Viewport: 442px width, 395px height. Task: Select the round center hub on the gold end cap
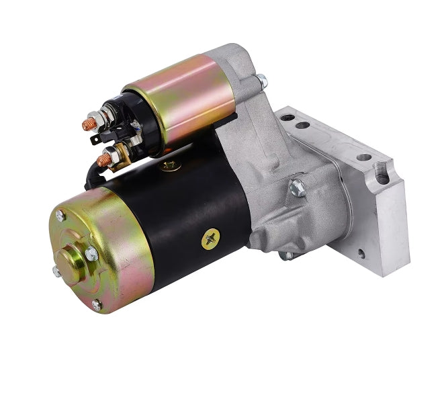click(x=70, y=259)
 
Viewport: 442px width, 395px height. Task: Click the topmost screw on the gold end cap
click(x=60, y=216)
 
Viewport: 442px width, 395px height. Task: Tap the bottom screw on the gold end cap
click(x=97, y=305)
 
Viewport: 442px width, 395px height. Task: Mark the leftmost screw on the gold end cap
click(x=56, y=271)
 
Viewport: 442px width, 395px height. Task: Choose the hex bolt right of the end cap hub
click(x=91, y=253)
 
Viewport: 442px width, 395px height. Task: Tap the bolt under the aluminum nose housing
click(x=287, y=255)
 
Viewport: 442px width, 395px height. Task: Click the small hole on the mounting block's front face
click(x=361, y=254)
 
